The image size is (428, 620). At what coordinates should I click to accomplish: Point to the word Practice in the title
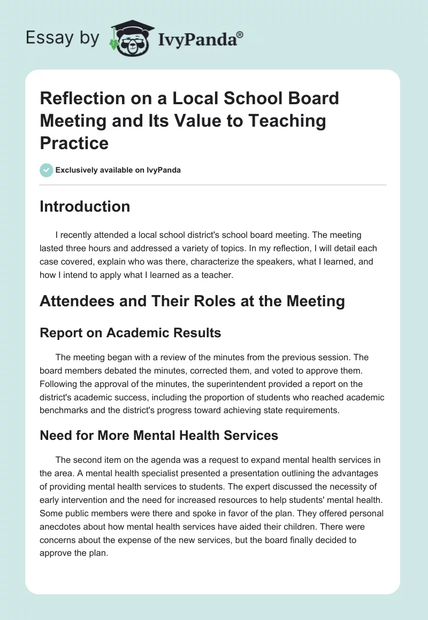74,143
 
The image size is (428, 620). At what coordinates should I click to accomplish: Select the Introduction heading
85,206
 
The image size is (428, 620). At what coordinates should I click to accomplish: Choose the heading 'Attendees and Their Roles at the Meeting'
192,301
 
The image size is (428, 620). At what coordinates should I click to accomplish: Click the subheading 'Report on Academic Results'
130,332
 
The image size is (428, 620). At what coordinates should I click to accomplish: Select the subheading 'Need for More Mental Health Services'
159,436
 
